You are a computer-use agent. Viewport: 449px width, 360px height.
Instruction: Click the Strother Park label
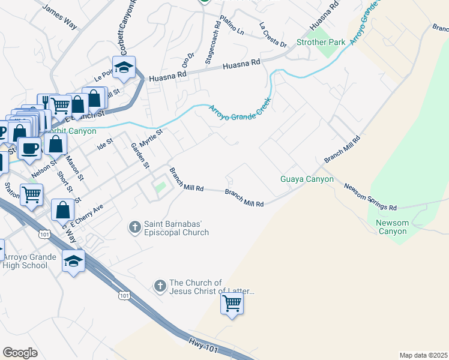[321, 43]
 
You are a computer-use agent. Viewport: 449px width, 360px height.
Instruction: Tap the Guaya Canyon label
[307, 179]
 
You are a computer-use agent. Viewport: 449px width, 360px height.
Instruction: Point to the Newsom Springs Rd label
[370, 197]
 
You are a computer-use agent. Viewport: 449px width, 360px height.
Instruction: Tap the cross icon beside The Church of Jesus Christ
[160, 287]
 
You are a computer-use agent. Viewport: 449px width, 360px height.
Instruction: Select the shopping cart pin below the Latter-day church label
[232, 304]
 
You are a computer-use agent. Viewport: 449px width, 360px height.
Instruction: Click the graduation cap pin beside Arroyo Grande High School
[73, 261]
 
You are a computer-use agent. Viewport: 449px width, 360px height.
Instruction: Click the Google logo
[20, 353]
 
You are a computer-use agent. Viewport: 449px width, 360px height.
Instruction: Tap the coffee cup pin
[29, 147]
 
